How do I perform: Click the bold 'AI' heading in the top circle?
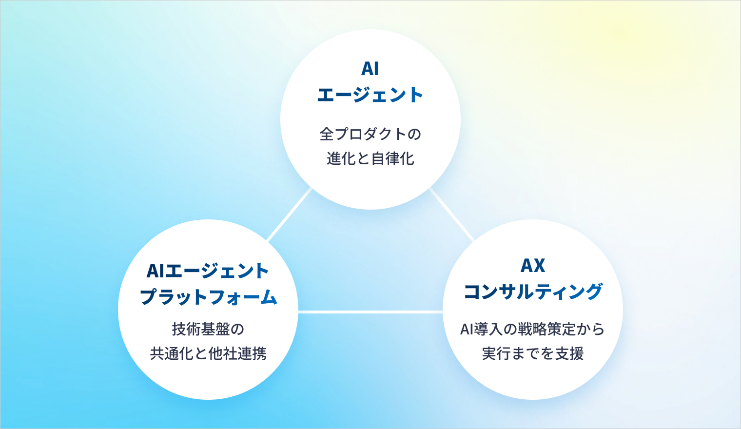point(370,69)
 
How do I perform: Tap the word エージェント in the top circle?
point(370,95)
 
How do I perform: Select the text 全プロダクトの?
point(370,134)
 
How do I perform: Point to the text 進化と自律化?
point(370,158)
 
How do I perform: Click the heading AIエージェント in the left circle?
point(208,271)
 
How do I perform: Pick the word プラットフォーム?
point(208,297)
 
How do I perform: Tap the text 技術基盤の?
point(208,329)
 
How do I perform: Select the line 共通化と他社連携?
point(208,353)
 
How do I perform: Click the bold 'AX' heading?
point(533,266)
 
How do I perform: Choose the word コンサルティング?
point(533,292)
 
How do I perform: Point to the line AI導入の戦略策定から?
point(532,329)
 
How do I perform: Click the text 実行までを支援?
point(533,353)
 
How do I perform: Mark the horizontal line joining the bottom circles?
point(370,312)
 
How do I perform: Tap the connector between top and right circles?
point(451,214)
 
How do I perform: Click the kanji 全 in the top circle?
point(327,134)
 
